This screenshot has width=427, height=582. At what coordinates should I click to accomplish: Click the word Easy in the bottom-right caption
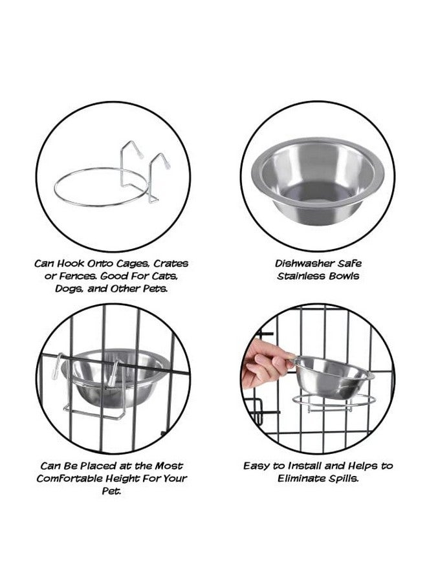[x=257, y=466]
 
